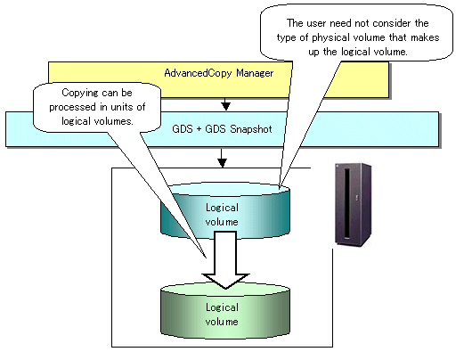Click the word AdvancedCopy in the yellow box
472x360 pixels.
coord(198,73)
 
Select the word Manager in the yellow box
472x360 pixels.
coord(255,73)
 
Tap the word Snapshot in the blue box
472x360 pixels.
coord(251,129)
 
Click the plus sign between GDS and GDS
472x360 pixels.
coord(199,129)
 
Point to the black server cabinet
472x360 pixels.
coord(353,205)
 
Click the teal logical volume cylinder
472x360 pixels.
coord(225,211)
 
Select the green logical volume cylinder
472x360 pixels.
coord(225,310)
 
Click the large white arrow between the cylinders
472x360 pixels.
coord(225,259)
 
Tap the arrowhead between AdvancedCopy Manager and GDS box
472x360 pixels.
coord(226,106)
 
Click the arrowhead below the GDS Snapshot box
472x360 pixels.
coord(222,163)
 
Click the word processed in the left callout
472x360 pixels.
coord(72,107)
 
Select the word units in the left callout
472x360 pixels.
coord(124,107)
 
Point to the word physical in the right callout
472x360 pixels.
coord(330,38)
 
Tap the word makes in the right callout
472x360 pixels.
coord(425,37)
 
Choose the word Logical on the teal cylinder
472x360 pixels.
coord(222,208)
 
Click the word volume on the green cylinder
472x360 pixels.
coord(222,322)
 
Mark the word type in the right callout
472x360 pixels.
coord(286,38)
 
